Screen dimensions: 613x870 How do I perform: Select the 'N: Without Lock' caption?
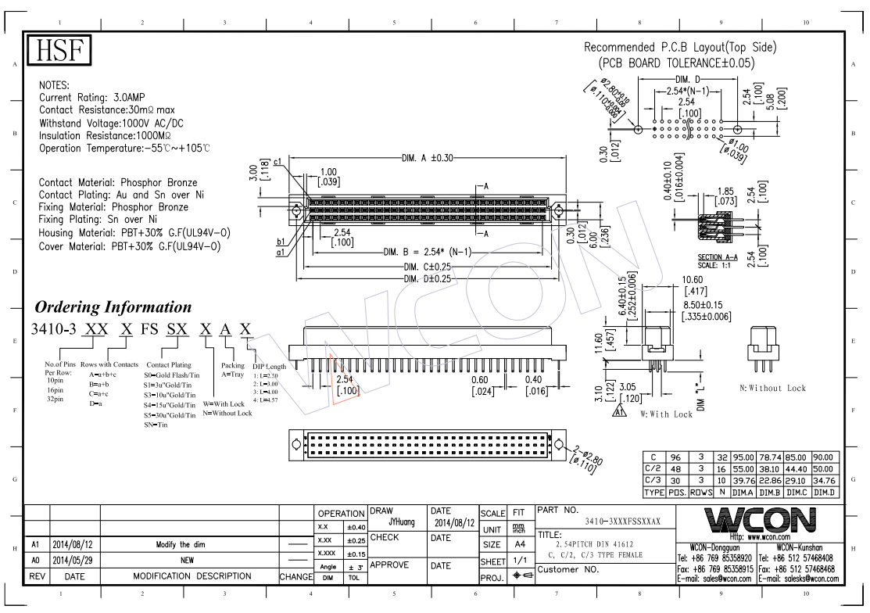tap(772, 388)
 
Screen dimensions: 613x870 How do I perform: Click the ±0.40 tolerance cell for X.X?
tap(352, 528)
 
